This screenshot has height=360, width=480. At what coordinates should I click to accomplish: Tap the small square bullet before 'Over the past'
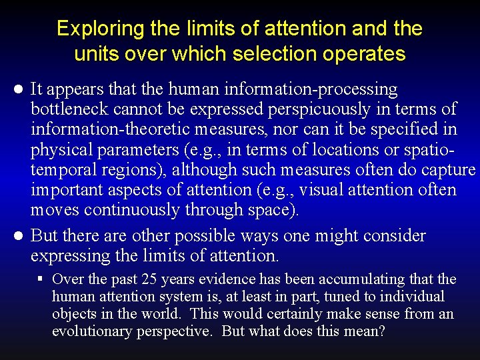coord(41,279)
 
